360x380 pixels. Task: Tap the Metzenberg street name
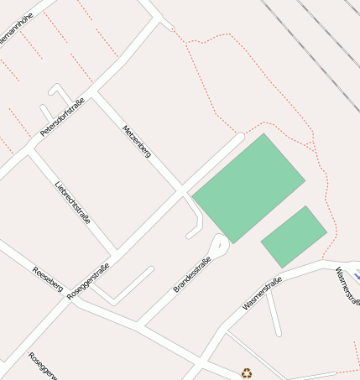[136, 142]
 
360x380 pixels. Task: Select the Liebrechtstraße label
[72, 202]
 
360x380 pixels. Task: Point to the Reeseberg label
[47, 280]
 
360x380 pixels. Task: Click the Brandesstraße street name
[191, 274]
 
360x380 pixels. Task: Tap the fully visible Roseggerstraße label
[88, 281]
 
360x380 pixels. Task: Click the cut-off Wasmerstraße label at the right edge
[347, 285]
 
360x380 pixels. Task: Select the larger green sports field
[248, 187]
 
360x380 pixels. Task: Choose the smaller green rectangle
[293, 237]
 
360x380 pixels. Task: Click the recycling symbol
[247, 373]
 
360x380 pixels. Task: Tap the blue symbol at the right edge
[357, 273]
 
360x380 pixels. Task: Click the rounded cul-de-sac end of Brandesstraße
[218, 246]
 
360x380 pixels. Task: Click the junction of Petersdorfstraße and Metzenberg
[93, 91]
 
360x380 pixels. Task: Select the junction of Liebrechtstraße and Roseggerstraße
[114, 253]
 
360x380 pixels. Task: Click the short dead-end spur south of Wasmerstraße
[274, 315]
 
